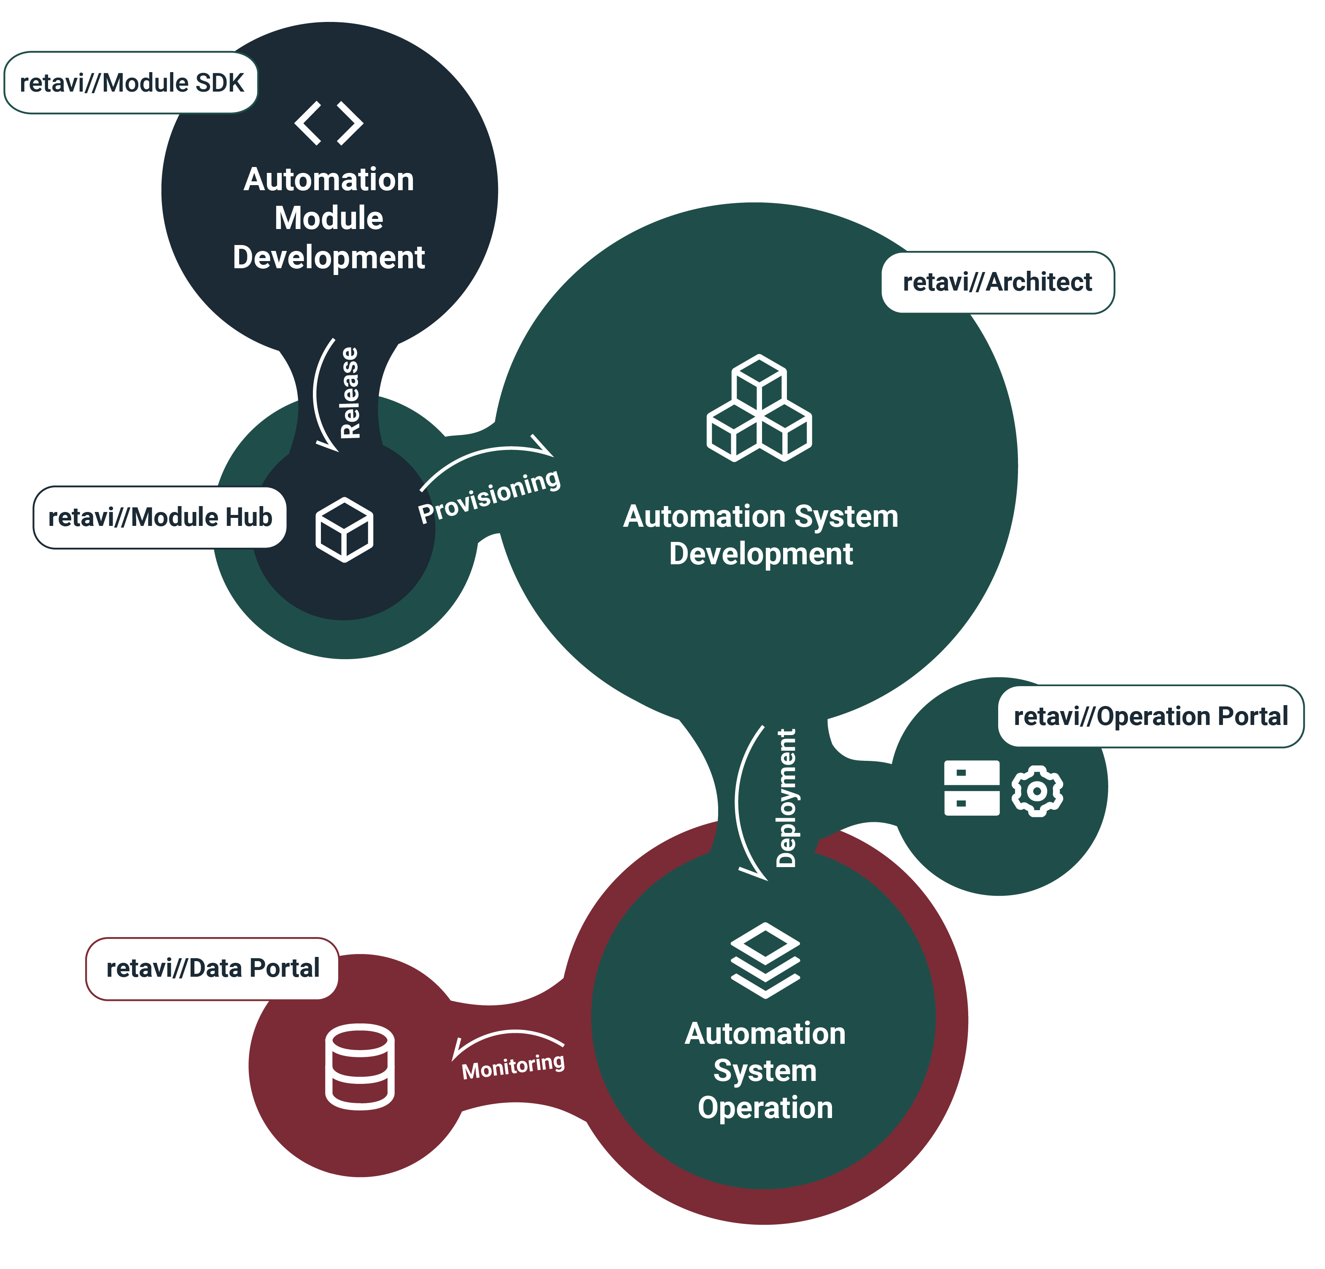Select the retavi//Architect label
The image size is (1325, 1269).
click(997, 282)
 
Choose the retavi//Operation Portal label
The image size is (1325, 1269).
click(1150, 716)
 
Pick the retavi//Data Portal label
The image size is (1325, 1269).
click(212, 968)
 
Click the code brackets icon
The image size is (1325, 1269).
click(329, 123)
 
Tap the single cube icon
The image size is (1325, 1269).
click(344, 529)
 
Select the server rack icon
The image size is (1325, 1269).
click(972, 788)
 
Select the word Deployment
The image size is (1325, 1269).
click(786, 798)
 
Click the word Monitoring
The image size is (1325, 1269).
click(513, 1066)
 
